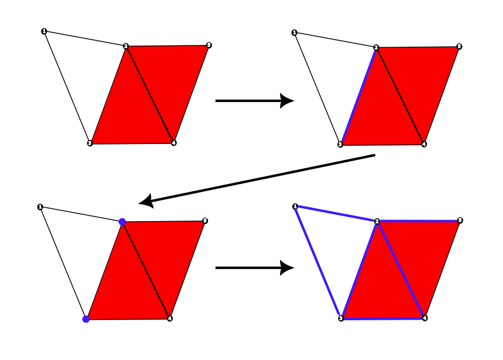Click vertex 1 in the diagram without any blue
[x=44, y=31]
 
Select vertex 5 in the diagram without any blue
[x=209, y=45]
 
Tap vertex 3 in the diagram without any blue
[x=90, y=143]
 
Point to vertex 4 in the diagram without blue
[x=173, y=142]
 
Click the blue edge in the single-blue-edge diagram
[x=358, y=96]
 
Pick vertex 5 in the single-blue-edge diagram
[x=459, y=46]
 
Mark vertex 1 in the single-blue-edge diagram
[x=294, y=32]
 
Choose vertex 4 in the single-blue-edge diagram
[x=424, y=144]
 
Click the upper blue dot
[x=122, y=222]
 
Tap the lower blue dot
[x=86, y=319]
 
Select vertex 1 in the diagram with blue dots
[x=40, y=207]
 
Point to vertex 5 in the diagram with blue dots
[x=205, y=221]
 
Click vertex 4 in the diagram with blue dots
[x=169, y=318]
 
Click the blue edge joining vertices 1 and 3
[x=317, y=262]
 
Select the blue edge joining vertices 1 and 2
[x=336, y=214]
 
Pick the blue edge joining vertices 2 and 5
[x=418, y=221]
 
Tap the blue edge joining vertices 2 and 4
[x=400, y=270]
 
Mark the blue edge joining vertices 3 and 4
[x=383, y=318]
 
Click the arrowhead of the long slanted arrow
[x=146, y=202]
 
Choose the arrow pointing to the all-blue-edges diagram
[x=254, y=268]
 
